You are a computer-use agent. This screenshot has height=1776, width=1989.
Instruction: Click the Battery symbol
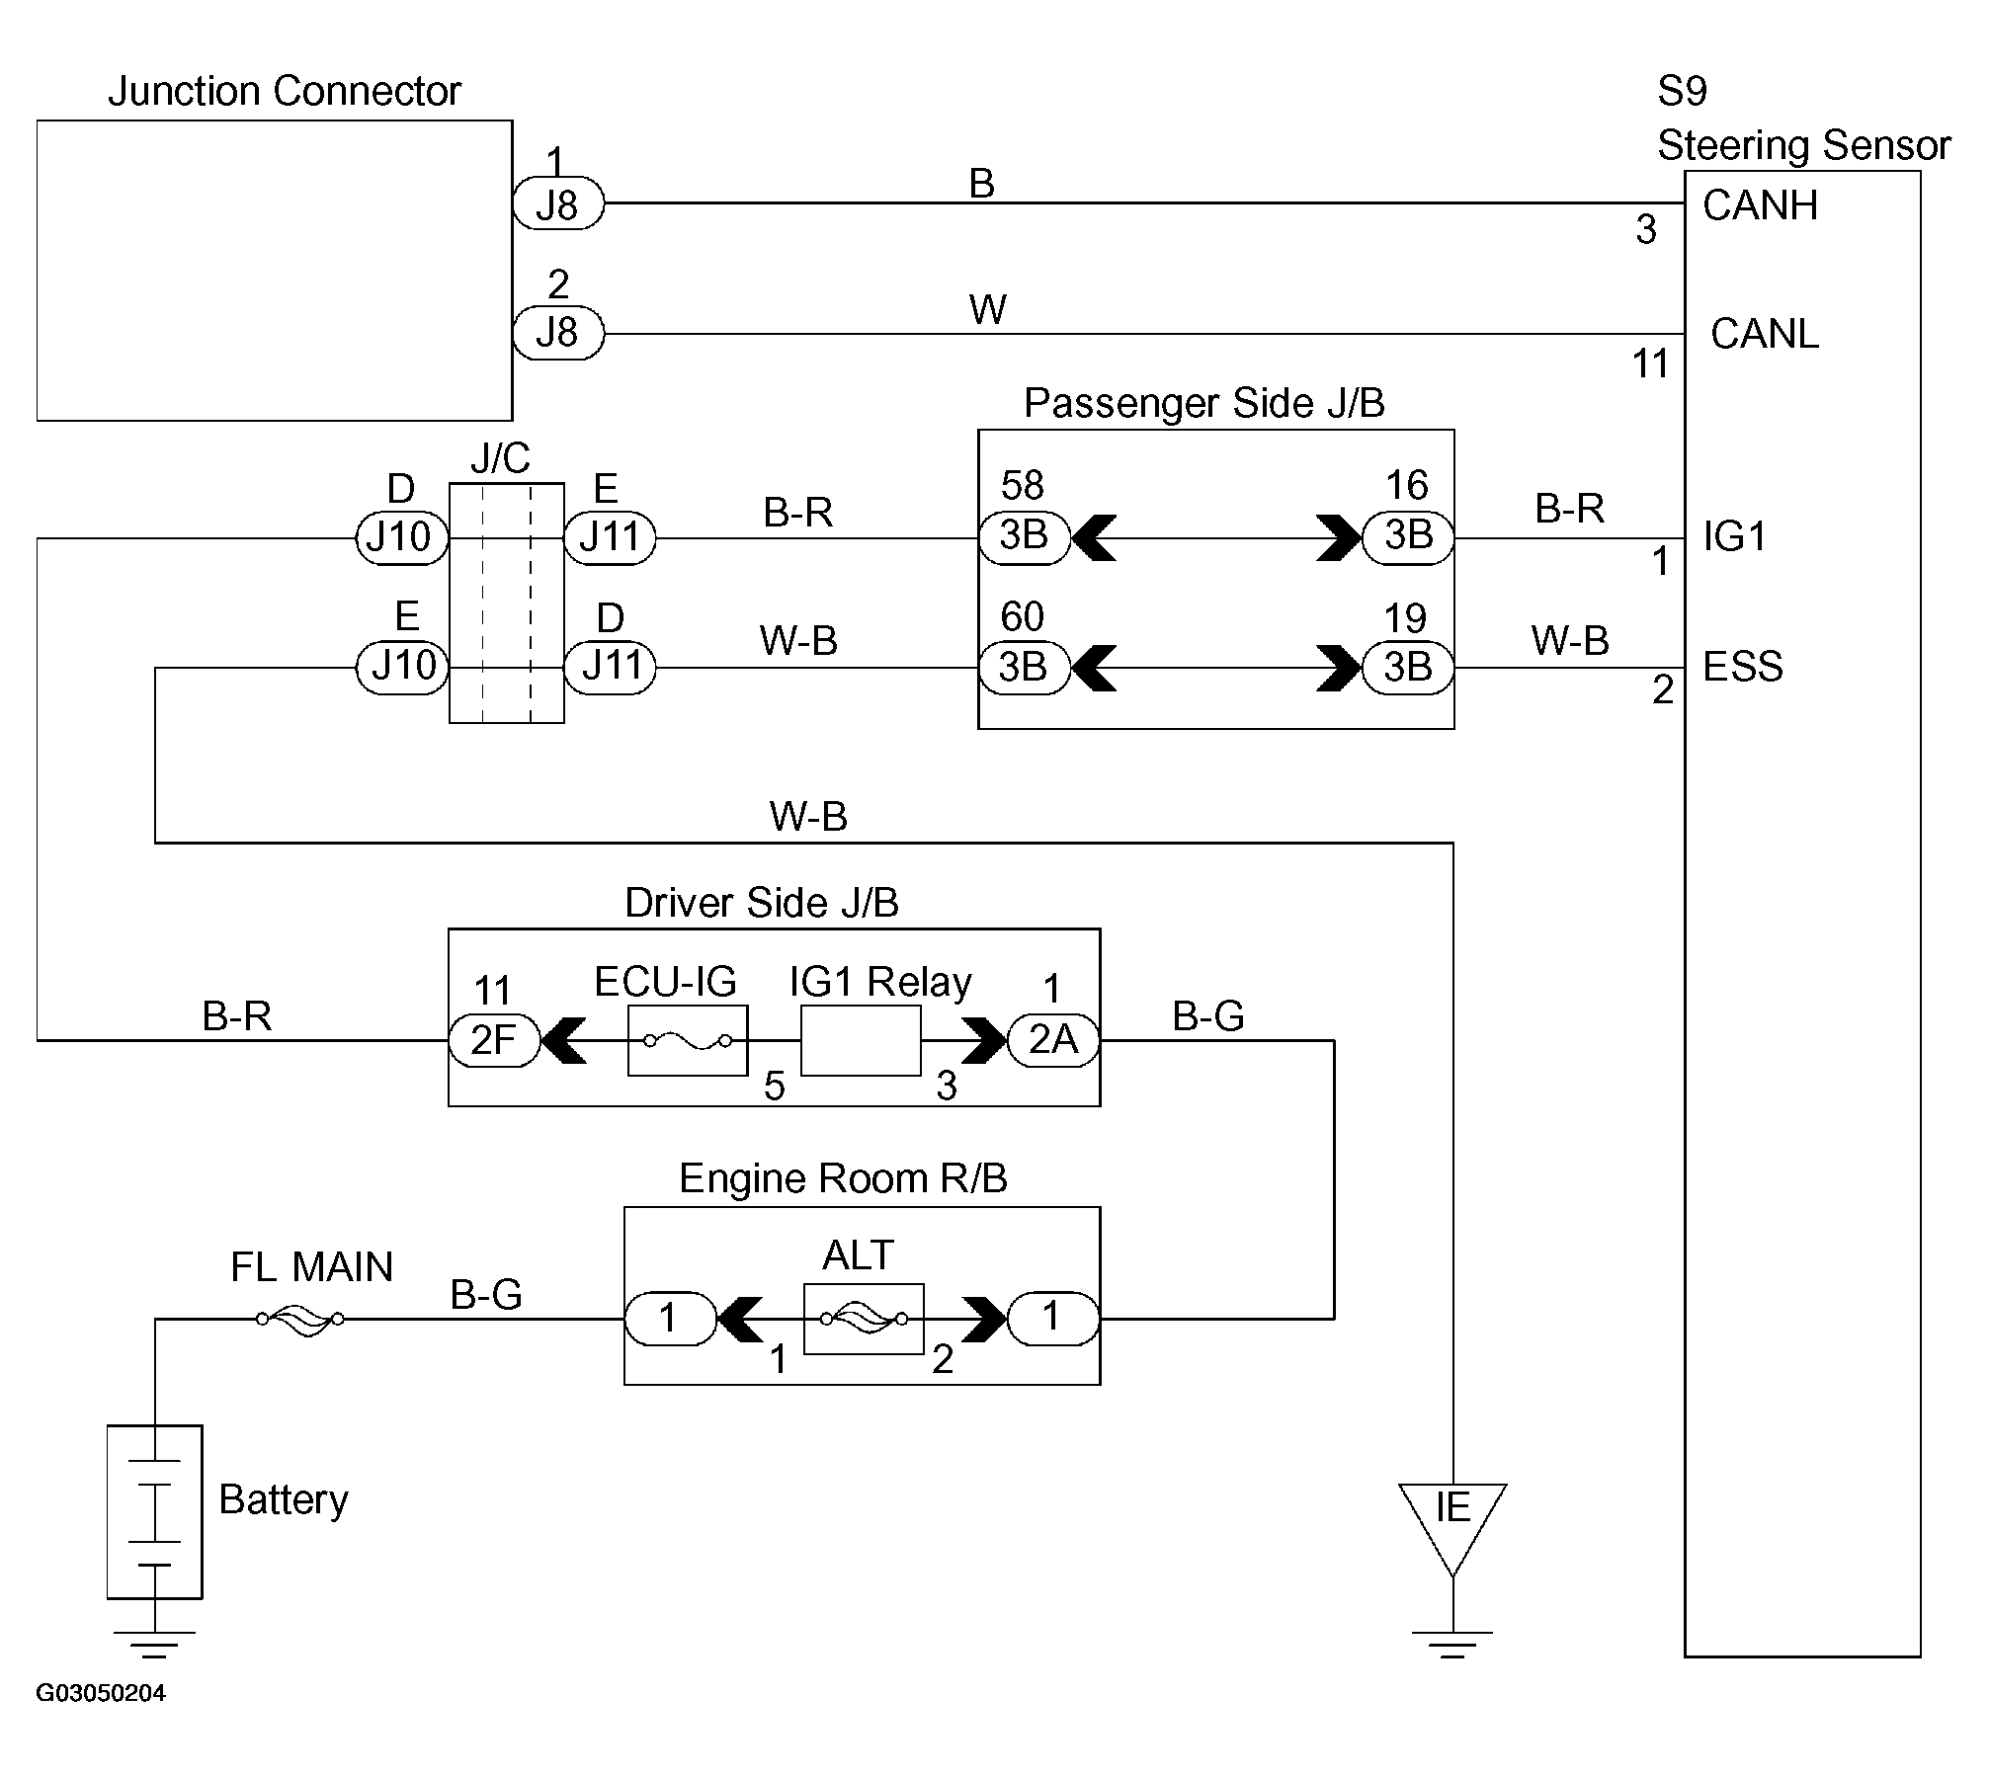pos(154,1510)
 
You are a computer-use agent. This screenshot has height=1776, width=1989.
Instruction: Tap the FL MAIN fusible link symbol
pos(300,1319)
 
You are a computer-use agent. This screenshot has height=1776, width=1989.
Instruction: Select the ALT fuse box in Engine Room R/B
pos(864,1319)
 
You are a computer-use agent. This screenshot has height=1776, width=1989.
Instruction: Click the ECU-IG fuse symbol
pos(688,1040)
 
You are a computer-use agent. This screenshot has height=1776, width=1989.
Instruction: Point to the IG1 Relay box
pos(861,1040)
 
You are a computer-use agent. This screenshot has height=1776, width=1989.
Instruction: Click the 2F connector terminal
pos(494,1040)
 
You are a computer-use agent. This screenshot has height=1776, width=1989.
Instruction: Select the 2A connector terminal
pos(1053,1040)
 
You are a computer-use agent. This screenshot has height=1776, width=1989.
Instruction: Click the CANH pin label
pos(1761,205)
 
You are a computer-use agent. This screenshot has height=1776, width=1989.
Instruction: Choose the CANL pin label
pos(1765,334)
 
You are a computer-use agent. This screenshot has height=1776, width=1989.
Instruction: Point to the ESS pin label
pos(1743,667)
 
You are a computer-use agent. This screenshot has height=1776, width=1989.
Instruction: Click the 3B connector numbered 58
pos(1024,537)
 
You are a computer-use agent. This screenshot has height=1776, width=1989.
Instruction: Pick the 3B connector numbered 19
pos(1408,668)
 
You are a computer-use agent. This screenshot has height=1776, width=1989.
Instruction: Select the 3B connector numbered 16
pos(1408,537)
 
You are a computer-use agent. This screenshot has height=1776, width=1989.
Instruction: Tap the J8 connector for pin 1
pos(558,205)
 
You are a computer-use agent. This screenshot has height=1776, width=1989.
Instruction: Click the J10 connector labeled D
pos(401,537)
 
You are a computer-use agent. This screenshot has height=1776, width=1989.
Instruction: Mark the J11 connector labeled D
pos(610,668)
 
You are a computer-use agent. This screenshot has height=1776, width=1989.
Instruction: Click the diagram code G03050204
pos(101,1693)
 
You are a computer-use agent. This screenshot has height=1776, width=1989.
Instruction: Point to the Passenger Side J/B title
pos(1203,403)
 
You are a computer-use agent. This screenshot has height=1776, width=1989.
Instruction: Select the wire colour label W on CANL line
pos(987,310)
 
